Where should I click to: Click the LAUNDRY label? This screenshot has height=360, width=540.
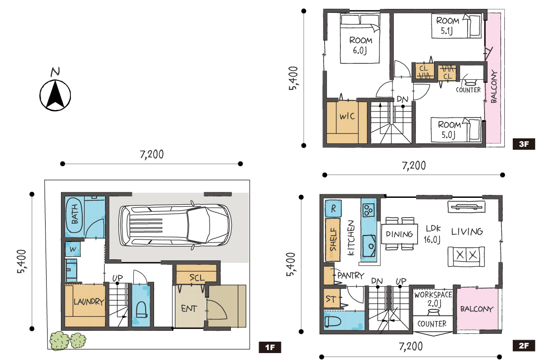click(x=89, y=301)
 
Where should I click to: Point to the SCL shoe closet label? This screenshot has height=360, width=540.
click(x=197, y=278)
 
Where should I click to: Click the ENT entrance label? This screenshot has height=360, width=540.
click(x=189, y=308)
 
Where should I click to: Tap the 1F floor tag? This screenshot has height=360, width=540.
click(x=270, y=347)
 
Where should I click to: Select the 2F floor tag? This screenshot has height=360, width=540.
click(x=524, y=346)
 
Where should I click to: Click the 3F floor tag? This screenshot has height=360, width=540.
click(x=524, y=144)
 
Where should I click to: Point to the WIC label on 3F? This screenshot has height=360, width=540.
click(x=347, y=116)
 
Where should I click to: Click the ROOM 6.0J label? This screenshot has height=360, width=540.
click(x=360, y=45)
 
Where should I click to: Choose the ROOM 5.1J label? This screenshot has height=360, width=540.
click(x=447, y=25)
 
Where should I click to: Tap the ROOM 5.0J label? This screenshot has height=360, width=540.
click(x=449, y=129)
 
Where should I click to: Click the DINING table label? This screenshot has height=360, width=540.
click(x=399, y=234)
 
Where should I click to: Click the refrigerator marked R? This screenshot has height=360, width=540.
click(x=333, y=209)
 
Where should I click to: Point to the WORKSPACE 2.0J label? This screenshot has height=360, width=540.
click(x=433, y=299)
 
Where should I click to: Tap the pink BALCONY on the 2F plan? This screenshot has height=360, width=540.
click(x=477, y=309)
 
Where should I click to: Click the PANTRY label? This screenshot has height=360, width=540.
click(x=351, y=276)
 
